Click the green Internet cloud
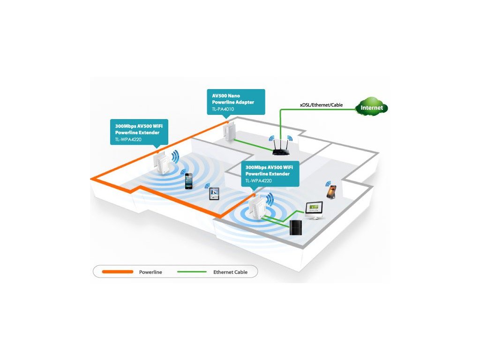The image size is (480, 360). coord(372,107)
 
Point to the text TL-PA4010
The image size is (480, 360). coord(223,109)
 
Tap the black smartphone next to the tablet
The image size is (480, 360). coord(188,181)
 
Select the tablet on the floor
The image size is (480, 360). coord(214,193)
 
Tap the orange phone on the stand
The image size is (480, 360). coord(331,191)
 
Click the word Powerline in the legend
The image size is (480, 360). coord(150,272)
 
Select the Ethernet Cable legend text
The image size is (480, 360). coord(230,272)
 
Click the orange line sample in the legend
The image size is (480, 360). coord(116,272)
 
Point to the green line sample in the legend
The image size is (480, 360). coord(191,272)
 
